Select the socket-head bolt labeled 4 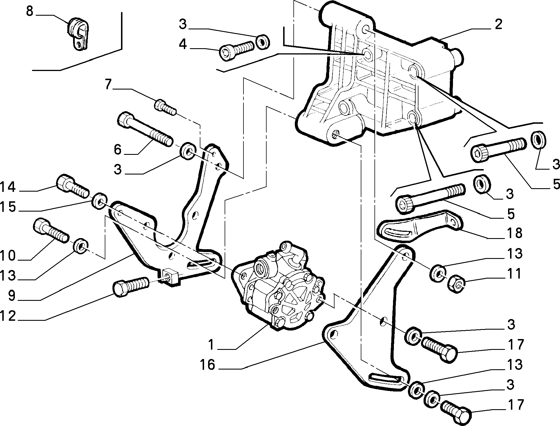click(236, 50)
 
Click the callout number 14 click(8, 187)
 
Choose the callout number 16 click(208, 365)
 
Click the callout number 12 click(8, 316)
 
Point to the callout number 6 click(118, 149)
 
